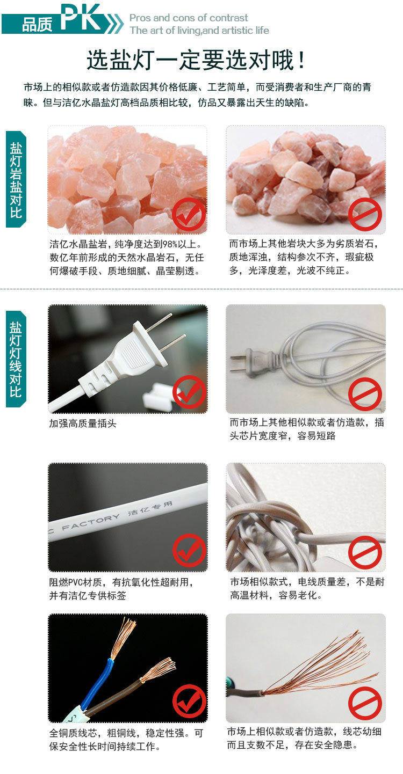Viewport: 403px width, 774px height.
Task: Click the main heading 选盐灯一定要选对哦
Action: pos(196,60)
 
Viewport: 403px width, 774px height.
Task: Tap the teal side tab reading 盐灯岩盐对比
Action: pos(16,179)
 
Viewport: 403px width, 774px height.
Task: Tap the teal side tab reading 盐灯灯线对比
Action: pos(16,359)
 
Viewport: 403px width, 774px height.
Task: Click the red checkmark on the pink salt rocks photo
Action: pos(189,214)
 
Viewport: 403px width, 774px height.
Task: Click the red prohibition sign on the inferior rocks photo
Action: pos(365,214)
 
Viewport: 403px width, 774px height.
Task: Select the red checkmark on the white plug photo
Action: pos(189,392)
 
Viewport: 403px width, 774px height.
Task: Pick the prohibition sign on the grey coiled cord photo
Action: pos(365,395)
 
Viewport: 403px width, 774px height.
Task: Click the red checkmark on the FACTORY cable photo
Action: pos(189,550)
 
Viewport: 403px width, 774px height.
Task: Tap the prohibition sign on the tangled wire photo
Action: pos(365,552)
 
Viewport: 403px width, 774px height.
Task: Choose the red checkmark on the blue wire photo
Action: pos(189,702)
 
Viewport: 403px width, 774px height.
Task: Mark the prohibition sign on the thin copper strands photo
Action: pos(365,704)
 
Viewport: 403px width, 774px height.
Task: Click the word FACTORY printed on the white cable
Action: pos(91,522)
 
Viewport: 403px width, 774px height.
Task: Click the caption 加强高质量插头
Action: pos(83,423)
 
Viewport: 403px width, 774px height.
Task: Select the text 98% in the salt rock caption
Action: pos(170,244)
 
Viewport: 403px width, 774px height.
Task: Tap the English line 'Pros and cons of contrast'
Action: pos(189,18)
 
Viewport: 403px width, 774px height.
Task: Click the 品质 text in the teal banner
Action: pos(37,24)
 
